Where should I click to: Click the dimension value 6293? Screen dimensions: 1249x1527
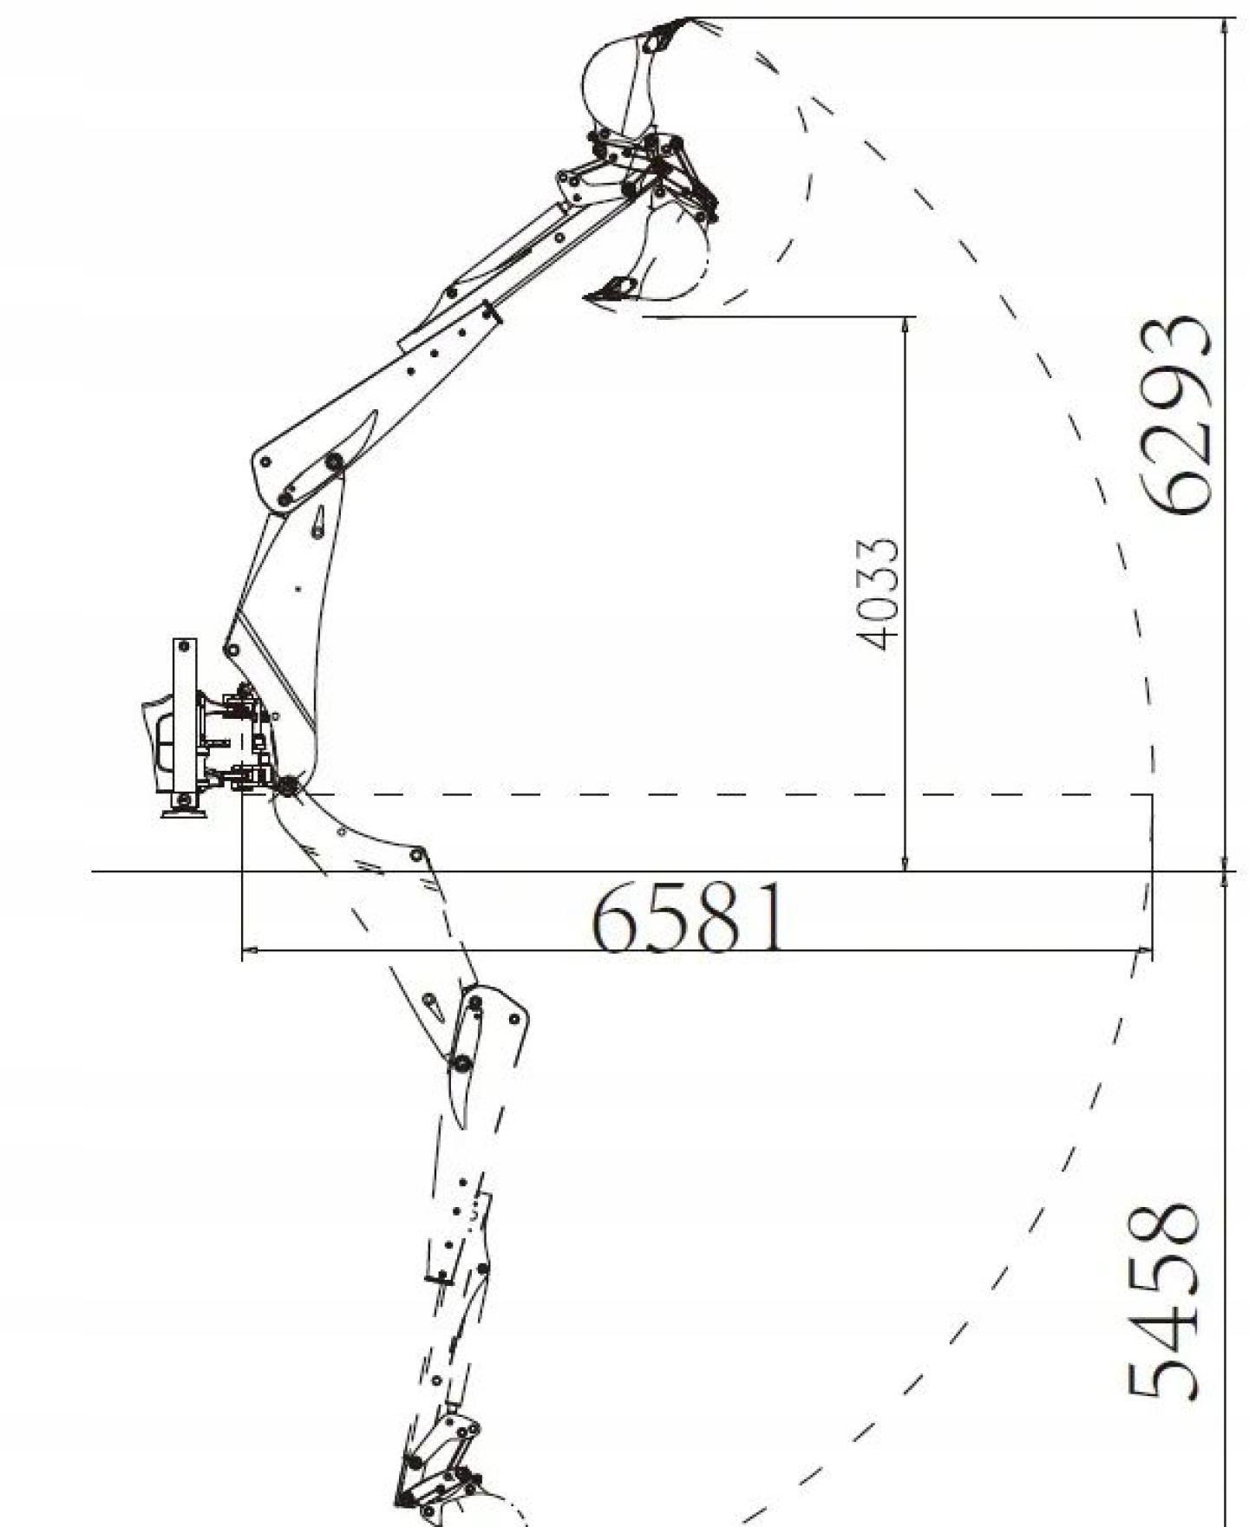pyautogui.click(x=1175, y=415)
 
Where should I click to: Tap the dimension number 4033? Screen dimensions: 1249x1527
pyautogui.click(x=877, y=594)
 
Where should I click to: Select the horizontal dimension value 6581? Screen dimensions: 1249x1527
pyautogui.click(x=690, y=917)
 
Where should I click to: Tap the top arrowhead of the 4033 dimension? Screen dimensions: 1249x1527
pyautogui.click(x=906, y=323)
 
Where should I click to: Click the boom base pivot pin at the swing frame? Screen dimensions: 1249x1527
pyautogui.click(x=285, y=786)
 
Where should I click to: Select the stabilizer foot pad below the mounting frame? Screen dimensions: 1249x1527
pyautogui.click(x=184, y=810)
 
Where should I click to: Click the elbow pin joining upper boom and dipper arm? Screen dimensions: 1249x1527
pyautogui.click(x=333, y=464)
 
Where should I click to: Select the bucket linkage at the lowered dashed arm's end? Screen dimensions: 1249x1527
pyautogui.click(x=442, y=1465)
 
